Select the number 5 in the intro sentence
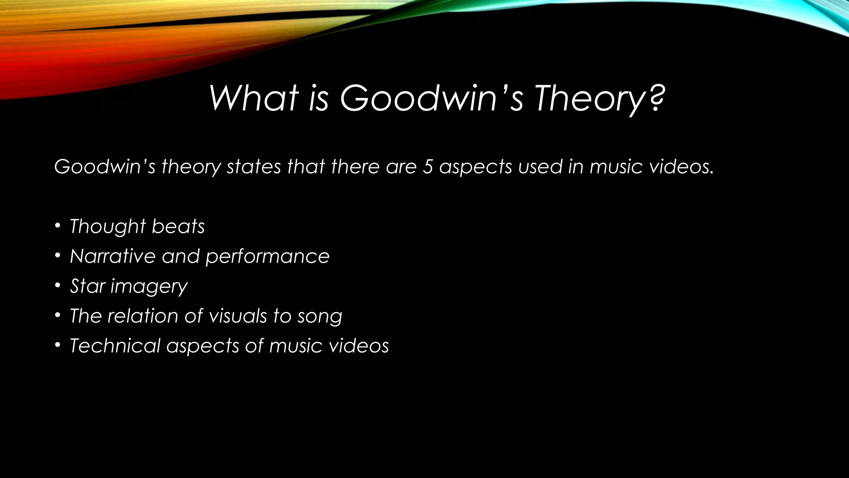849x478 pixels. (x=427, y=166)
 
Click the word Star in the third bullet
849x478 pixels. (x=87, y=286)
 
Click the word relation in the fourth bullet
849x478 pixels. (x=143, y=316)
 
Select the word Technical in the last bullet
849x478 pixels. (x=115, y=346)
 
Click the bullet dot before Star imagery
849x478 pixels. (x=58, y=286)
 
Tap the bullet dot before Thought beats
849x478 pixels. (x=58, y=226)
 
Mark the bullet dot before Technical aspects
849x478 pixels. (x=58, y=346)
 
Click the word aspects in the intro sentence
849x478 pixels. (x=475, y=167)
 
